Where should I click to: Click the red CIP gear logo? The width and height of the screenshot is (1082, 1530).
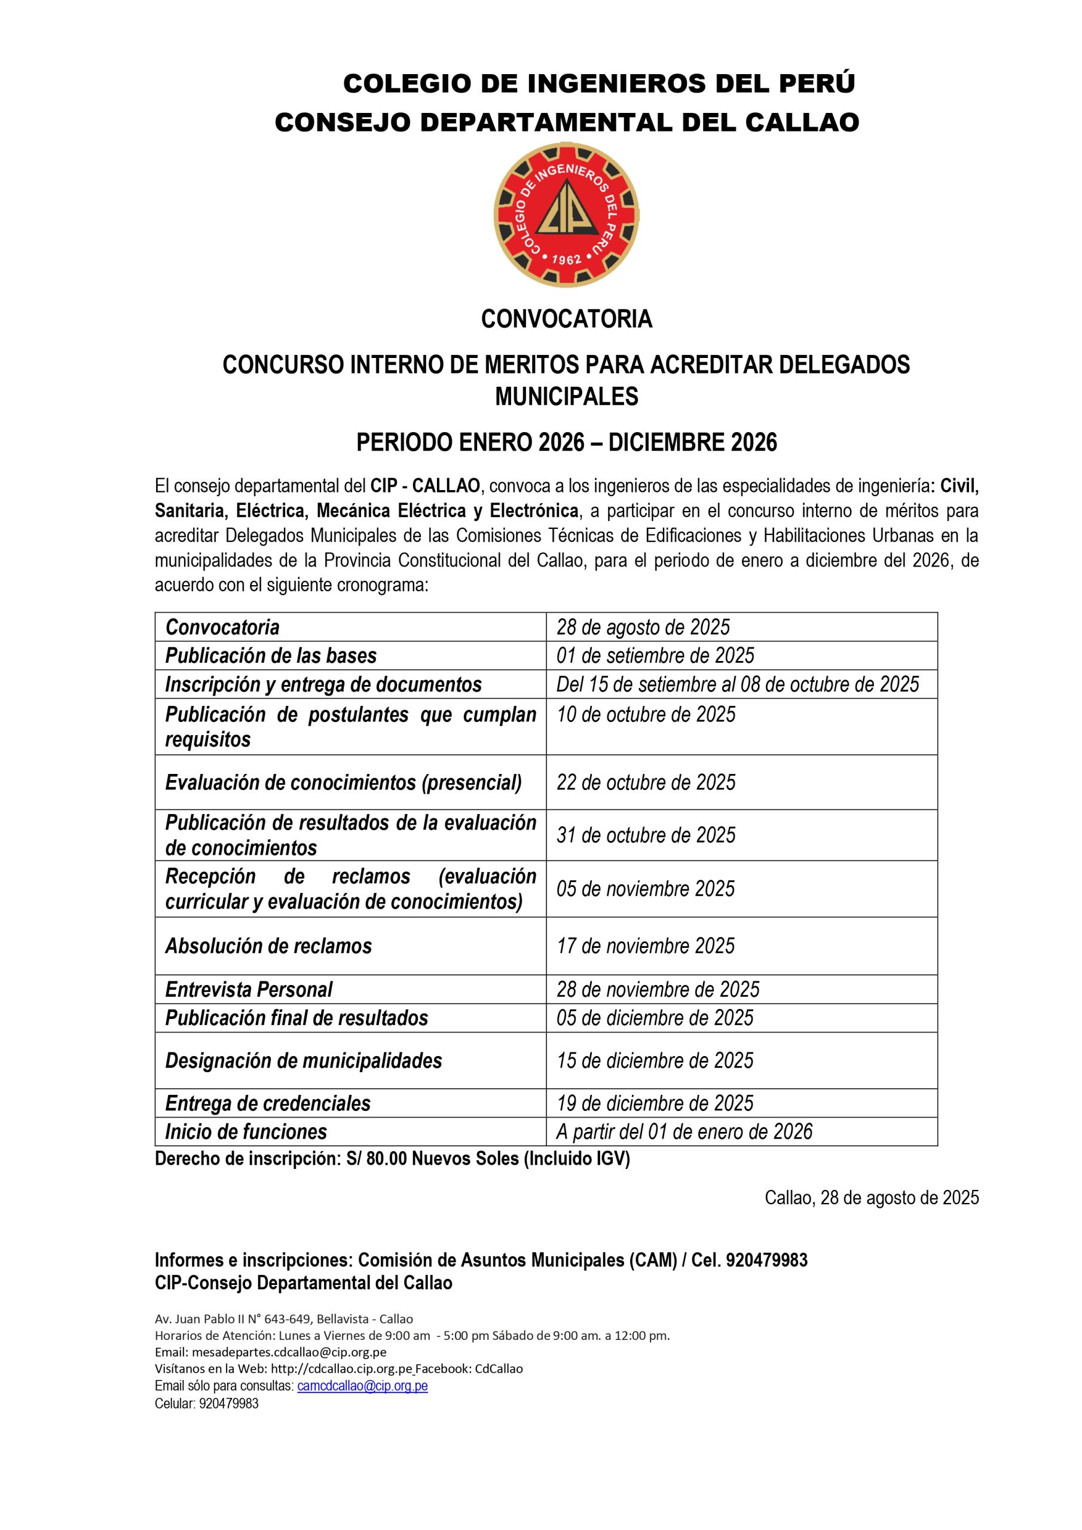(566, 214)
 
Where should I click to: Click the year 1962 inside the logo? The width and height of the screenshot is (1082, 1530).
(567, 259)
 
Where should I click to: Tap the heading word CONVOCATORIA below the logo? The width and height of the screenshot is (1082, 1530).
(566, 319)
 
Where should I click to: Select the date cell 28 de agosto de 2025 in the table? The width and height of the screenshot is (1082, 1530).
(643, 627)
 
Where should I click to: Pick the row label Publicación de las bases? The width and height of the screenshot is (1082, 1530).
(271, 656)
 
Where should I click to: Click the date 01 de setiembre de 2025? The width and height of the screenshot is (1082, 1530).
(655, 656)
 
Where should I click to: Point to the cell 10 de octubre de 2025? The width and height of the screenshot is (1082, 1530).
(646, 714)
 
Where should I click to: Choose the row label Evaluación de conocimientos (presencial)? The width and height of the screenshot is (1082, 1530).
(343, 782)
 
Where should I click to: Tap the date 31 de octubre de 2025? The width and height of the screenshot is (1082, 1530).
(646, 835)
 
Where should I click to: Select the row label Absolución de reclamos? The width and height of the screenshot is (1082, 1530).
(268, 945)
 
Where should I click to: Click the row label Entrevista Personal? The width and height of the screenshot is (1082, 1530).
(249, 990)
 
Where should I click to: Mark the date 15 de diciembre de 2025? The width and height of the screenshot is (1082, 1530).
(655, 1060)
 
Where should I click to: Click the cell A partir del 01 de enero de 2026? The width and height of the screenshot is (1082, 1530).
(684, 1131)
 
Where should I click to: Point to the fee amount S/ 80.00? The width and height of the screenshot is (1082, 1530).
(376, 1159)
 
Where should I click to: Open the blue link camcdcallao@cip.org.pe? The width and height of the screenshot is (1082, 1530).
(362, 1386)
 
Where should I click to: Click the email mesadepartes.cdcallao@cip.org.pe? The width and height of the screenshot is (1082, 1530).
(289, 1352)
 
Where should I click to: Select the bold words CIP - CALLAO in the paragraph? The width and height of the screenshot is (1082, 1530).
(424, 486)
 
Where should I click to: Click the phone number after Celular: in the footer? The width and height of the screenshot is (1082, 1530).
(229, 1403)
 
